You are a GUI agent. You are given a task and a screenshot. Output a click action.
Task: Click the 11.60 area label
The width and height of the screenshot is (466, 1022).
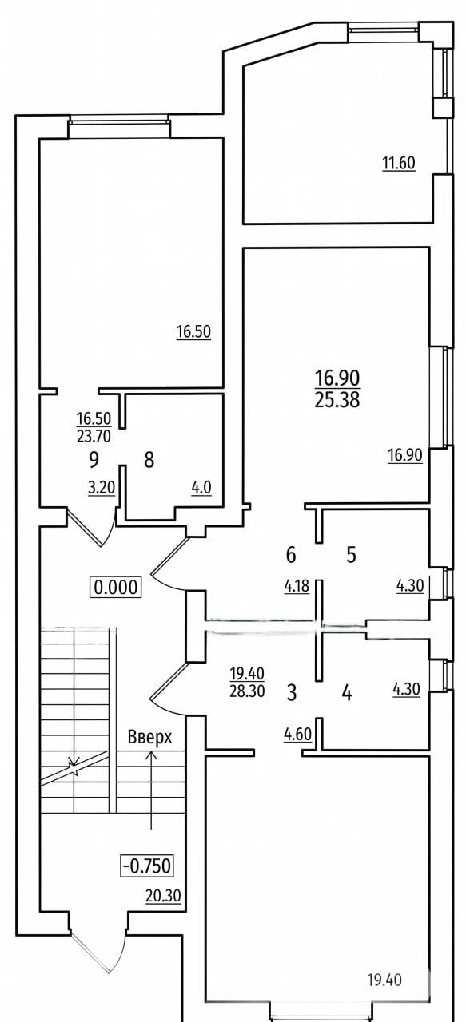coord(399,163)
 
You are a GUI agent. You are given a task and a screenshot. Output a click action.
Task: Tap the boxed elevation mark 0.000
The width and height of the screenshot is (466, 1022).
coord(116,587)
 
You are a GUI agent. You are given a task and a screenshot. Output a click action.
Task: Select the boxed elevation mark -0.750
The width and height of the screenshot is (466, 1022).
coord(146,865)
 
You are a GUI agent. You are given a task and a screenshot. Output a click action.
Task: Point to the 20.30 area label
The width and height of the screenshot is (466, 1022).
coord(163,896)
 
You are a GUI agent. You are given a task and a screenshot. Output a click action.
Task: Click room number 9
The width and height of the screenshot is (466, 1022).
coord(94,460)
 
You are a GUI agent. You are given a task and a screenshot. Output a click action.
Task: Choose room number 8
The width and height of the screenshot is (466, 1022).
coord(149,460)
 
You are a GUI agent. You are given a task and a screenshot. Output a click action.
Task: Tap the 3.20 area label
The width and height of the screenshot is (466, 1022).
coord(101,488)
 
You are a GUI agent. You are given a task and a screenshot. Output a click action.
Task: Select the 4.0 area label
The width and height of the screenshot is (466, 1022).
coord(201,488)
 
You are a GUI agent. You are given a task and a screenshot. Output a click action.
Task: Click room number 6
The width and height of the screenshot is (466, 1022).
coord(291,555)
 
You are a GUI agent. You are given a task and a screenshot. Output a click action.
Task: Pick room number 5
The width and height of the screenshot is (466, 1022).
coord(351,555)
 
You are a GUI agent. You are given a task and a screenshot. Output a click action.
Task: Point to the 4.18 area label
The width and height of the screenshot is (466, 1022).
coord(297,586)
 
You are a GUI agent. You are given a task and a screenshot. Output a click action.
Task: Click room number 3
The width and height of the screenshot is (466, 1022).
coord(291,692)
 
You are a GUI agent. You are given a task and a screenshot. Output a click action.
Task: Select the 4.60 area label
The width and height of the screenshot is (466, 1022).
coord(297,735)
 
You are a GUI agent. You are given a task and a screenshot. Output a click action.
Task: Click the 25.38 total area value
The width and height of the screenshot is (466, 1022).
coord(337,400)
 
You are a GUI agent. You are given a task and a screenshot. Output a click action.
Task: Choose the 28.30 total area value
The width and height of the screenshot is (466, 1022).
coord(247,691)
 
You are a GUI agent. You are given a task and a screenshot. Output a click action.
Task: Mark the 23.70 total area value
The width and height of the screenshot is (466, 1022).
coord(94,437)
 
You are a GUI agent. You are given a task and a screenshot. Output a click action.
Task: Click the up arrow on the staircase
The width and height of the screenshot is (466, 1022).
coord(151,790)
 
